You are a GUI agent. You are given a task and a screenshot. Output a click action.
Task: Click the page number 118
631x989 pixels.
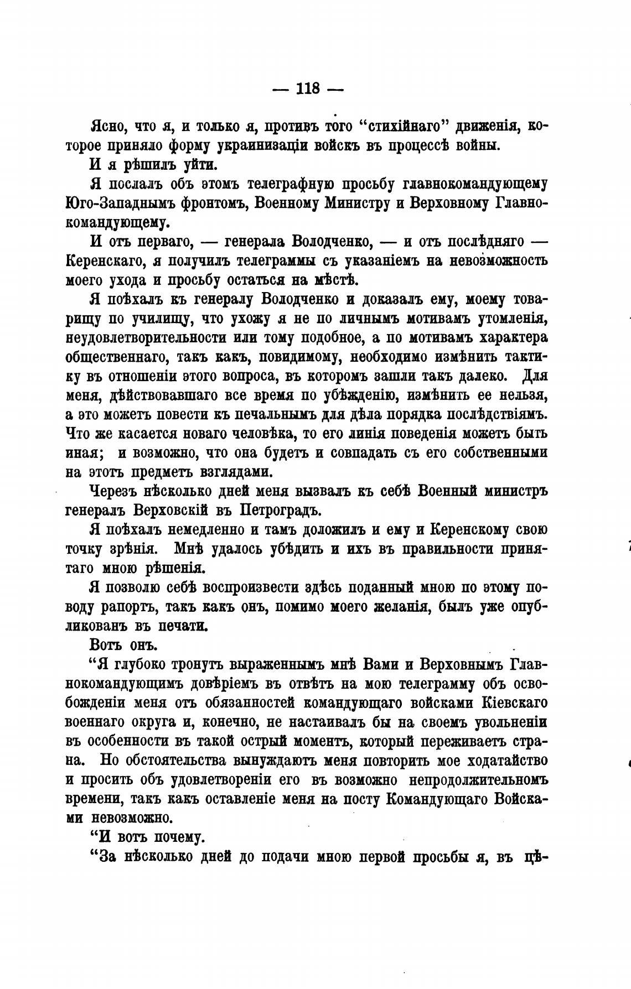click(308, 89)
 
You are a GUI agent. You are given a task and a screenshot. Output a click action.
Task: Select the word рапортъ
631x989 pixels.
click(125, 607)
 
